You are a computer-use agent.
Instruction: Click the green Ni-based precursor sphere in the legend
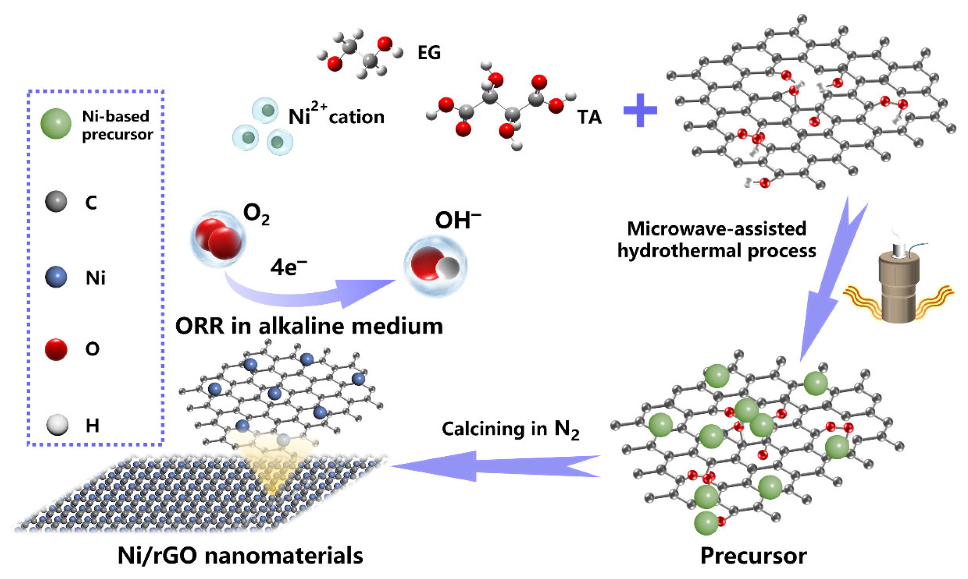point(56,124)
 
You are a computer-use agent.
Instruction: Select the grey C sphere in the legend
point(56,201)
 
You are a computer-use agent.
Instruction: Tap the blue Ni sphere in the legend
point(56,277)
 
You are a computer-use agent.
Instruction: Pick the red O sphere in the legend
point(56,349)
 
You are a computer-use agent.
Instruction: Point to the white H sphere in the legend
point(57,425)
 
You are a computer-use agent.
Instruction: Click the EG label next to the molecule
point(429,53)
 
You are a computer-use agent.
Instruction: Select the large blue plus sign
point(640,110)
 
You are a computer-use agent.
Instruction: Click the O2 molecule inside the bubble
point(218,239)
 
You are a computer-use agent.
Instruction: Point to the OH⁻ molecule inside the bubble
point(435,266)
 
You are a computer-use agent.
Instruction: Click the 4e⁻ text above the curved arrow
point(288,267)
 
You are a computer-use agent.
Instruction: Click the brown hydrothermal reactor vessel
point(898,288)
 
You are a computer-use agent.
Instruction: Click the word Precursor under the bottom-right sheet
point(753,556)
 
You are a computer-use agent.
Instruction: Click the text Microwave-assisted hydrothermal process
point(716,240)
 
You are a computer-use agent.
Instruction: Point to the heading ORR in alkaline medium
point(309,326)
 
